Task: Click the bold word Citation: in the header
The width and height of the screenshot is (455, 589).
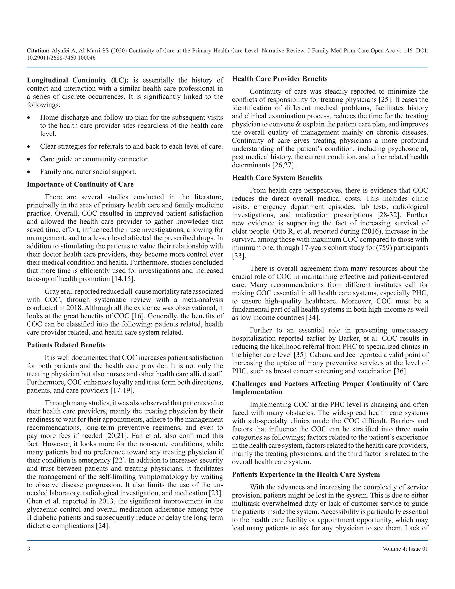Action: (38, 51)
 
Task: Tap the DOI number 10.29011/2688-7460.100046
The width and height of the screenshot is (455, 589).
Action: (61, 58)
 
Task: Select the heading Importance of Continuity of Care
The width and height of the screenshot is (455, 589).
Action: (80, 184)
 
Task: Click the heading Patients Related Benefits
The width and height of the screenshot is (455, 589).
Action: (66, 345)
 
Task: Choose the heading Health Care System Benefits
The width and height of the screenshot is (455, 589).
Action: (277, 178)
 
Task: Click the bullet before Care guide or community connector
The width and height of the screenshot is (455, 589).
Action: (29, 159)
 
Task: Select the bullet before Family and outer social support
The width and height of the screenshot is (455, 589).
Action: (29, 172)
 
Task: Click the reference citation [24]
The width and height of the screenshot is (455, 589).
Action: (103, 526)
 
